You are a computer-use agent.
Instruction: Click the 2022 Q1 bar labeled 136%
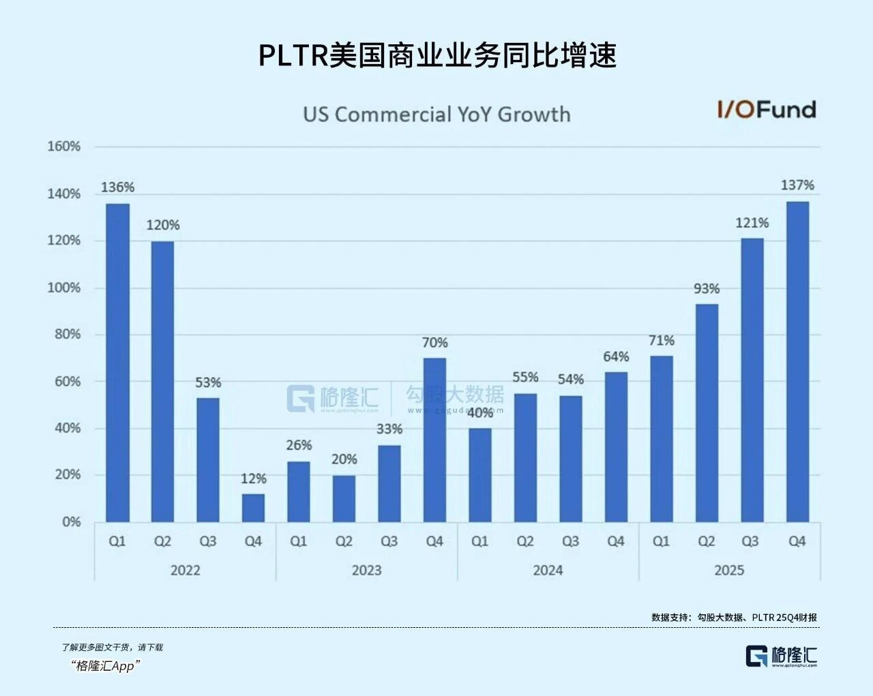click(117, 363)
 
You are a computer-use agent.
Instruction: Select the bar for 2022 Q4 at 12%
click(253, 508)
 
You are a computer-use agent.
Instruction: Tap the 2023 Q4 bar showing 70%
click(434, 440)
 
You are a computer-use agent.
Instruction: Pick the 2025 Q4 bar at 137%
click(797, 361)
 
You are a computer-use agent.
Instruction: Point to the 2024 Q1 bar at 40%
click(480, 475)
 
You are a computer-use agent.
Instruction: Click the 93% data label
click(707, 289)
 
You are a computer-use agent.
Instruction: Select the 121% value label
click(752, 223)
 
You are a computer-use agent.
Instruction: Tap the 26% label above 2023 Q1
click(299, 445)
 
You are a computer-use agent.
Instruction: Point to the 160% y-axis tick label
click(64, 147)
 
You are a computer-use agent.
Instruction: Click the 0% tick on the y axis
click(71, 522)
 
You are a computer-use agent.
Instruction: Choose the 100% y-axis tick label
click(64, 288)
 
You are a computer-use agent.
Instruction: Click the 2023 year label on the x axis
click(366, 570)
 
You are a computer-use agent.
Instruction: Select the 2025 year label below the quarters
click(729, 570)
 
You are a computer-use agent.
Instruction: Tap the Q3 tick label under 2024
click(570, 541)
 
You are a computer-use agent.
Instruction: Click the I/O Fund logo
click(766, 109)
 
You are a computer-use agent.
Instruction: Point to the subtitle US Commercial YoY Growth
click(436, 114)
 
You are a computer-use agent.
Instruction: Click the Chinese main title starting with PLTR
click(437, 55)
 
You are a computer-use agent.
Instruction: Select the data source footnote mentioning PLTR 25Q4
click(734, 617)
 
